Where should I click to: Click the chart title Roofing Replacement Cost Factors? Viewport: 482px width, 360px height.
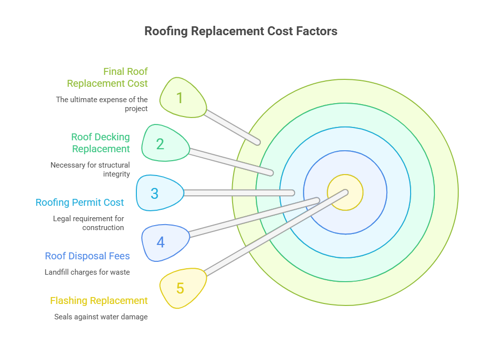(x=241, y=31)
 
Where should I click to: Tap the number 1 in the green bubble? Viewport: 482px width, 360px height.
(x=180, y=98)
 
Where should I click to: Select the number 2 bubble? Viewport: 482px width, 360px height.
(x=160, y=144)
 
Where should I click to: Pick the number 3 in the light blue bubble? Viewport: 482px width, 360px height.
(x=155, y=193)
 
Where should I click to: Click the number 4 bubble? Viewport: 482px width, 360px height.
(x=161, y=242)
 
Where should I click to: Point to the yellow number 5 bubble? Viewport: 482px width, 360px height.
(x=180, y=288)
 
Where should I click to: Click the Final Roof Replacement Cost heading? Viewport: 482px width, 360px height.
(x=108, y=77)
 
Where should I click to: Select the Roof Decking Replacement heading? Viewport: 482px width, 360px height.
(x=101, y=143)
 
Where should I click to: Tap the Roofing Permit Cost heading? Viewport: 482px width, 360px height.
(x=80, y=202)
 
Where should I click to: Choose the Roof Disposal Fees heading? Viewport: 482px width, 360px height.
(x=87, y=256)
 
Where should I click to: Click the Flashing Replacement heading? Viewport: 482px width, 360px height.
(x=99, y=300)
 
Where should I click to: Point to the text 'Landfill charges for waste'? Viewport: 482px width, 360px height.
(x=87, y=272)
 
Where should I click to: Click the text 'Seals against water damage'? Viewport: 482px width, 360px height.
(x=101, y=316)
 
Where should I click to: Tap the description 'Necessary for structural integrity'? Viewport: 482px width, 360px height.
(x=90, y=169)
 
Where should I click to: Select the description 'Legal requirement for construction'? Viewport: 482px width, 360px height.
(x=89, y=223)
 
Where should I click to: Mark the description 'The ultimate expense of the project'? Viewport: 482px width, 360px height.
(x=102, y=104)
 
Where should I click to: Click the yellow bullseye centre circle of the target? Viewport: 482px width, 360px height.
(x=345, y=192)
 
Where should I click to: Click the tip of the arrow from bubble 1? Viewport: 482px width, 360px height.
(x=257, y=142)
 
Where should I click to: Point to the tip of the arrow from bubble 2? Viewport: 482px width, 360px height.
(x=271, y=173)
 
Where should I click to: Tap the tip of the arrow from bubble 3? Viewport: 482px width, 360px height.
(x=293, y=192)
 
